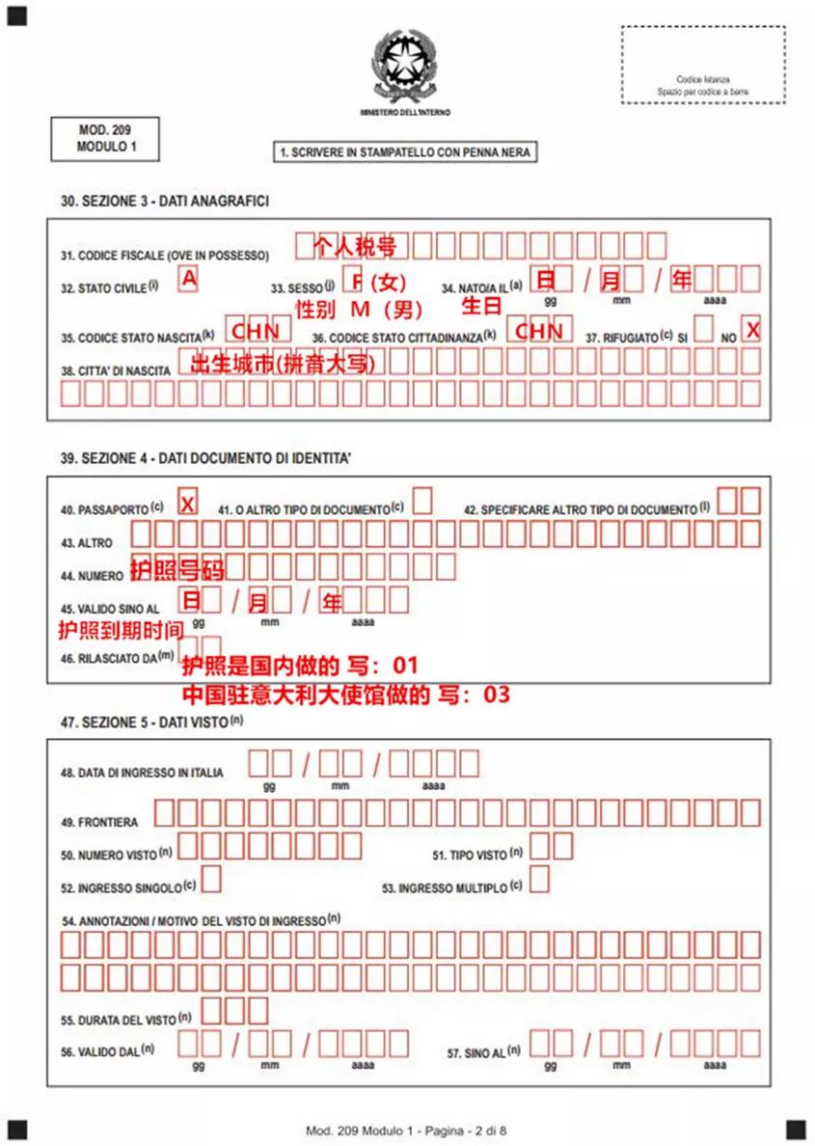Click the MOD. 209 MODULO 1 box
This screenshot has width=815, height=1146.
104,138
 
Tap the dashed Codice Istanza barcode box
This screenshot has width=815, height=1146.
703,65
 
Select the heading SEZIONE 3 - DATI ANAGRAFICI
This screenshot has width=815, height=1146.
165,202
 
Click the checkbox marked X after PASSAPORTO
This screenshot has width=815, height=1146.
188,504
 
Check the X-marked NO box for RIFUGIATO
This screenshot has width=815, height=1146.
751,330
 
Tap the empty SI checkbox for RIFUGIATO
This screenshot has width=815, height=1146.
704,330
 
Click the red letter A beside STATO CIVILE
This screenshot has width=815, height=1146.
189,280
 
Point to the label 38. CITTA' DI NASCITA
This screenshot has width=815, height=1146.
116,370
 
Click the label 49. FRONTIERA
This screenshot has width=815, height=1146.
99,822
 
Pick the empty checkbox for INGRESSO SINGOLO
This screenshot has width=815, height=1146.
210,879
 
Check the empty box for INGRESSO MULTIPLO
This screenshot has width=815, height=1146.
540,879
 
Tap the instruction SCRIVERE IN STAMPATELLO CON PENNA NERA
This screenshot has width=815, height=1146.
405,152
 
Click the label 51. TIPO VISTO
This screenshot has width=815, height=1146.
474,855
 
